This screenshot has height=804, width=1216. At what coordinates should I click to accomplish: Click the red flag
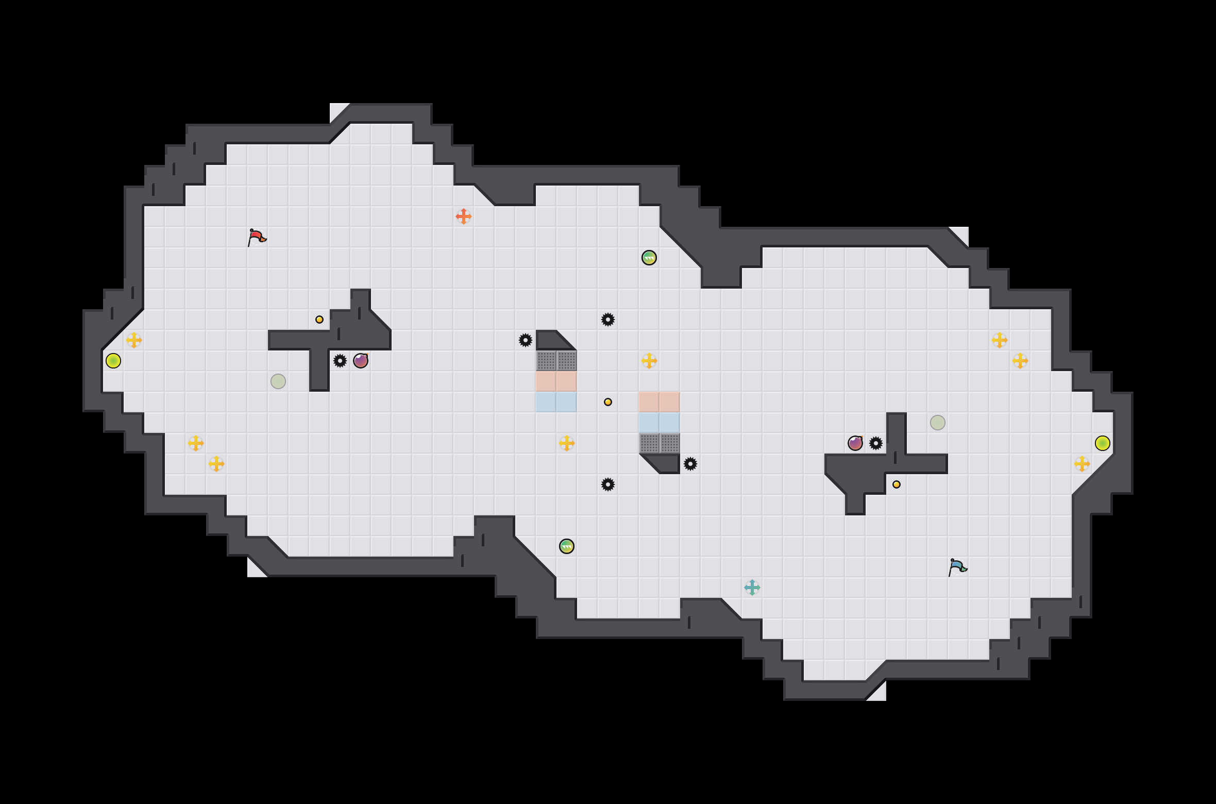tap(257, 237)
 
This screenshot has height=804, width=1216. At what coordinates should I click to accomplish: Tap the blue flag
tap(957, 567)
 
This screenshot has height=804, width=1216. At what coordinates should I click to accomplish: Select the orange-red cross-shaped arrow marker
tap(464, 216)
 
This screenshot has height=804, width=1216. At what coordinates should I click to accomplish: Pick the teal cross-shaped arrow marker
tap(752, 588)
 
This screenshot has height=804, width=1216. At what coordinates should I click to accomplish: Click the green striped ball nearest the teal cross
tap(567, 546)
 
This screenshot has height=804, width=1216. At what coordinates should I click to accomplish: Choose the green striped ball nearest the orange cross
tap(649, 258)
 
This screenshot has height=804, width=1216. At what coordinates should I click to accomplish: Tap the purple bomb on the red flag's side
tap(361, 361)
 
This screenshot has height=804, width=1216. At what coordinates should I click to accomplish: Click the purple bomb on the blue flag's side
tap(855, 443)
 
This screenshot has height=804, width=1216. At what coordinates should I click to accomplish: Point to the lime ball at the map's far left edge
tap(113, 361)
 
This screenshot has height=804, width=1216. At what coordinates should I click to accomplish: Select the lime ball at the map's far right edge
tap(1103, 443)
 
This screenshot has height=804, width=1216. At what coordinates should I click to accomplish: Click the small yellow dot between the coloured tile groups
tap(608, 402)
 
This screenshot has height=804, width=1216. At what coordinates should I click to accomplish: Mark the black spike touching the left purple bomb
tap(340, 361)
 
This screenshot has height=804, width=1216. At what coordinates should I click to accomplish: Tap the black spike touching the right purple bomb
tap(876, 443)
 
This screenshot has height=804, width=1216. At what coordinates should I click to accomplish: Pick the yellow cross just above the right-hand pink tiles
tap(649, 361)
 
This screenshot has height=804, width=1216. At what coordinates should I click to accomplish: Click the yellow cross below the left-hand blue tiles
tap(567, 443)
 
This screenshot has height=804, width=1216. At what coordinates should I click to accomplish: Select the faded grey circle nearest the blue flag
tap(938, 423)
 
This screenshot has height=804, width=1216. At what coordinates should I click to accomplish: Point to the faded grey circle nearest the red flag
tap(278, 381)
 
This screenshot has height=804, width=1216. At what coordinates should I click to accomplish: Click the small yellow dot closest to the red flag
tap(319, 320)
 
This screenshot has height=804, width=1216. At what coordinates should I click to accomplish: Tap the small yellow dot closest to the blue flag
tap(897, 484)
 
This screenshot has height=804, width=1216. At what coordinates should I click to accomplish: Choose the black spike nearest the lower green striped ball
tap(608, 484)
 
